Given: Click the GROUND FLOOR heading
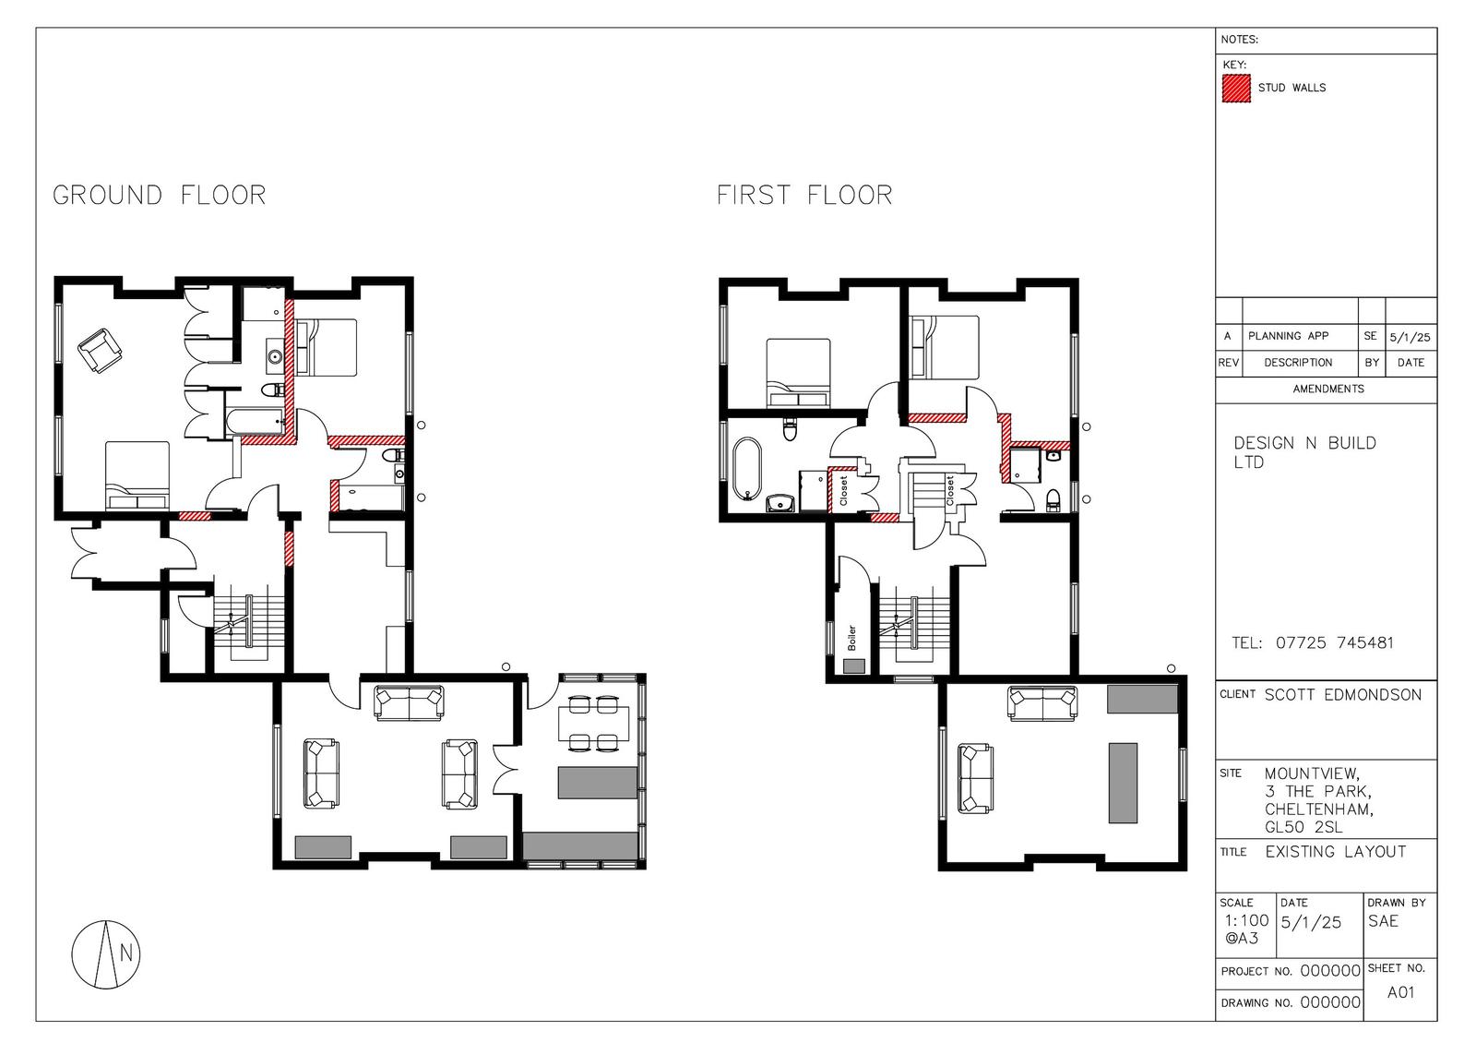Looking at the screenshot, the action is pos(160,195).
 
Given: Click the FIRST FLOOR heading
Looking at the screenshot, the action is pos(804,195).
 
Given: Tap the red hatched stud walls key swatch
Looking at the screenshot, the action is pos(1236,89).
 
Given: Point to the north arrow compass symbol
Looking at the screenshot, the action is pos(106,954).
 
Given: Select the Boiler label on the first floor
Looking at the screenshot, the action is pos(851,638).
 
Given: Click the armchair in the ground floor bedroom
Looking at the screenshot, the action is pos(101,351).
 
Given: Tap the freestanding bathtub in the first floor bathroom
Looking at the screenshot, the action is pos(747,469).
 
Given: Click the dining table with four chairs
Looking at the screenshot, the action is pos(593,724).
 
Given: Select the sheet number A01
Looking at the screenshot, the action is pos(1400,992).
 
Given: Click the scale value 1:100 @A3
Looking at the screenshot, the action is pos(1246,929).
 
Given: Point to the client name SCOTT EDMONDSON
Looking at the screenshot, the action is pos(1343,694).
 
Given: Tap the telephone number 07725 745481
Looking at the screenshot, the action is pos(1334,642).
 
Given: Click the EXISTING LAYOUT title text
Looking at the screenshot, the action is pos(1336,852).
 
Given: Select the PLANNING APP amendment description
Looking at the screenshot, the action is pos(1288,336).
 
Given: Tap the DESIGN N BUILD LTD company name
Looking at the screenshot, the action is pos(1304,452).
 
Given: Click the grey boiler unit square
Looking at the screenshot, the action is pos(854,665).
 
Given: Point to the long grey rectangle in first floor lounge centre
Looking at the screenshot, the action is pos(1123,783).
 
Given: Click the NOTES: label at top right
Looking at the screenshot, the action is pos(1240,40).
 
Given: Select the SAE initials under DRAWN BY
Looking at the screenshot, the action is pos(1383,921).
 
